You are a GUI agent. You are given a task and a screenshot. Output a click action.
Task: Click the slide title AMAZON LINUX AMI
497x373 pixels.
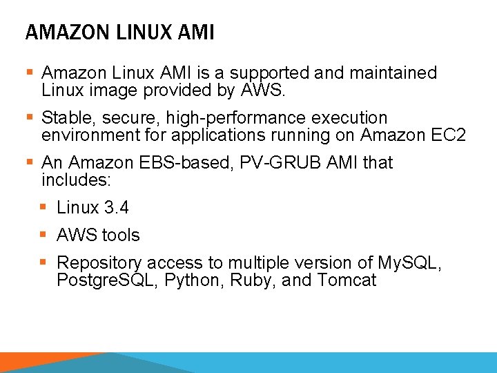tap(119, 32)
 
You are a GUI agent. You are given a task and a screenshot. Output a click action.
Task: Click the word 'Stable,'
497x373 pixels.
tap(68, 117)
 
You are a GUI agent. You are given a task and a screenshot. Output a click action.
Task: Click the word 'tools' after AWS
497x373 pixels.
tap(121, 236)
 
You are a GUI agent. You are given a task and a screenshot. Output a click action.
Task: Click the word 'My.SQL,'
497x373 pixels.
tap(409, 263)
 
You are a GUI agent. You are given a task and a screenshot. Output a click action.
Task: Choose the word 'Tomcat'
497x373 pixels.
tap(347, 280)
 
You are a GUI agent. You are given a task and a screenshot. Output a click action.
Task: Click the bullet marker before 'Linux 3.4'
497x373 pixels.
tap(43, 207)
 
